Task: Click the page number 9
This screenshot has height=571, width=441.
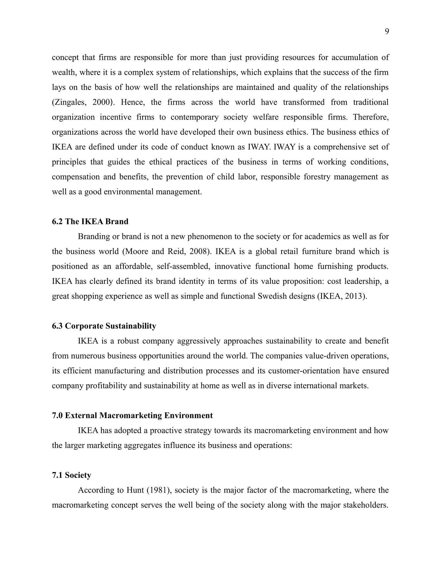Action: pos(387,32)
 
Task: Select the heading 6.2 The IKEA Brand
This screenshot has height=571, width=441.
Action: pos(90,222)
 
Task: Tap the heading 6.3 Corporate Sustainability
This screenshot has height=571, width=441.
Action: pos(104,326)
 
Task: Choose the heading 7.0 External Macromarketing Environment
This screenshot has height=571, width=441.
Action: pos(132,415)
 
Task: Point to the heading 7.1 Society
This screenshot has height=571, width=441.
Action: pos(71,475)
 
